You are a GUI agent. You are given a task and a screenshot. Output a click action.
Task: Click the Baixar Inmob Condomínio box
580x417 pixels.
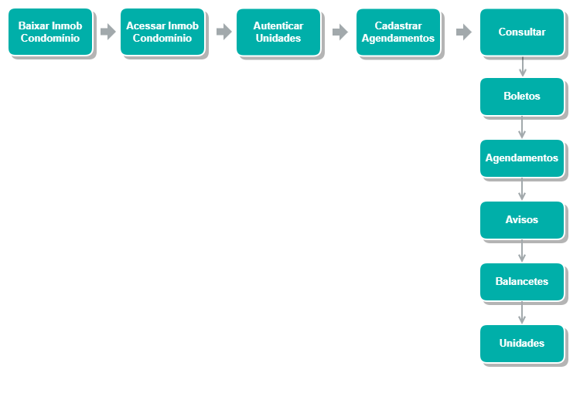(50, 32)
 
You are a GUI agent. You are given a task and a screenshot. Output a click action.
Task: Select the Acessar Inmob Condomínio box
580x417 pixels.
(162, 32)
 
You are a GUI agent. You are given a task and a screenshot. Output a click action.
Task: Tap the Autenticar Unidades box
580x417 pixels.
(278, 32)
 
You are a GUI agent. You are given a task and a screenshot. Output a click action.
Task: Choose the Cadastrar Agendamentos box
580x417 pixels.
(398, 32)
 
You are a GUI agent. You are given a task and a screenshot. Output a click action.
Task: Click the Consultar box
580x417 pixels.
(522, 32)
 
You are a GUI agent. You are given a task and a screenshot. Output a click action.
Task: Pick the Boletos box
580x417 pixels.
(522, 97)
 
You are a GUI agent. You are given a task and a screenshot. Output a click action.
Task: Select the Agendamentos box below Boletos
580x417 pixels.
(522, 158)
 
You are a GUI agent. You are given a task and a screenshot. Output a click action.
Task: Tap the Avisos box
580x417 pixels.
(522, 220)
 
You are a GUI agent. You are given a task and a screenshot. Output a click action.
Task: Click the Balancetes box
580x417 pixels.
(522, 282)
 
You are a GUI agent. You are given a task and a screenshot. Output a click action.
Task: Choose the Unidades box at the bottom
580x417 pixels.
(522, 344)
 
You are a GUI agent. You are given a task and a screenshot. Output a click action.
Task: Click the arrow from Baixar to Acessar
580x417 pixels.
(108, 32)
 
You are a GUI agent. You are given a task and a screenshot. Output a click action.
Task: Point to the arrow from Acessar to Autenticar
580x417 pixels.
(224, 32)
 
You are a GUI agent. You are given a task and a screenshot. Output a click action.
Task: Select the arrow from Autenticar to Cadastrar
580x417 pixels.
(340, 32)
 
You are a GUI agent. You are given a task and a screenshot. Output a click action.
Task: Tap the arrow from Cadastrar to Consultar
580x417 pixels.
(464, 32)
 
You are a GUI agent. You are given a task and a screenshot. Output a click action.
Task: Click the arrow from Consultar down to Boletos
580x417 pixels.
(522, 66)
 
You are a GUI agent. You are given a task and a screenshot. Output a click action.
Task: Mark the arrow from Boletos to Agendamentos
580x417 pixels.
(522, 127)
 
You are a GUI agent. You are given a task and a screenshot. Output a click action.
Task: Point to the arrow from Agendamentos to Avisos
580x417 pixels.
(522, 189)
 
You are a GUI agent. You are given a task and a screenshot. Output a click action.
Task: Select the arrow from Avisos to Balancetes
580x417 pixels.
(522, 251)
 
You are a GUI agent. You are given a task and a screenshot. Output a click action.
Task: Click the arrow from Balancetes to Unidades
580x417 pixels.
(522, 313)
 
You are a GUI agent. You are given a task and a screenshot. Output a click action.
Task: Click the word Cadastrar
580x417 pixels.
(398, 25)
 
